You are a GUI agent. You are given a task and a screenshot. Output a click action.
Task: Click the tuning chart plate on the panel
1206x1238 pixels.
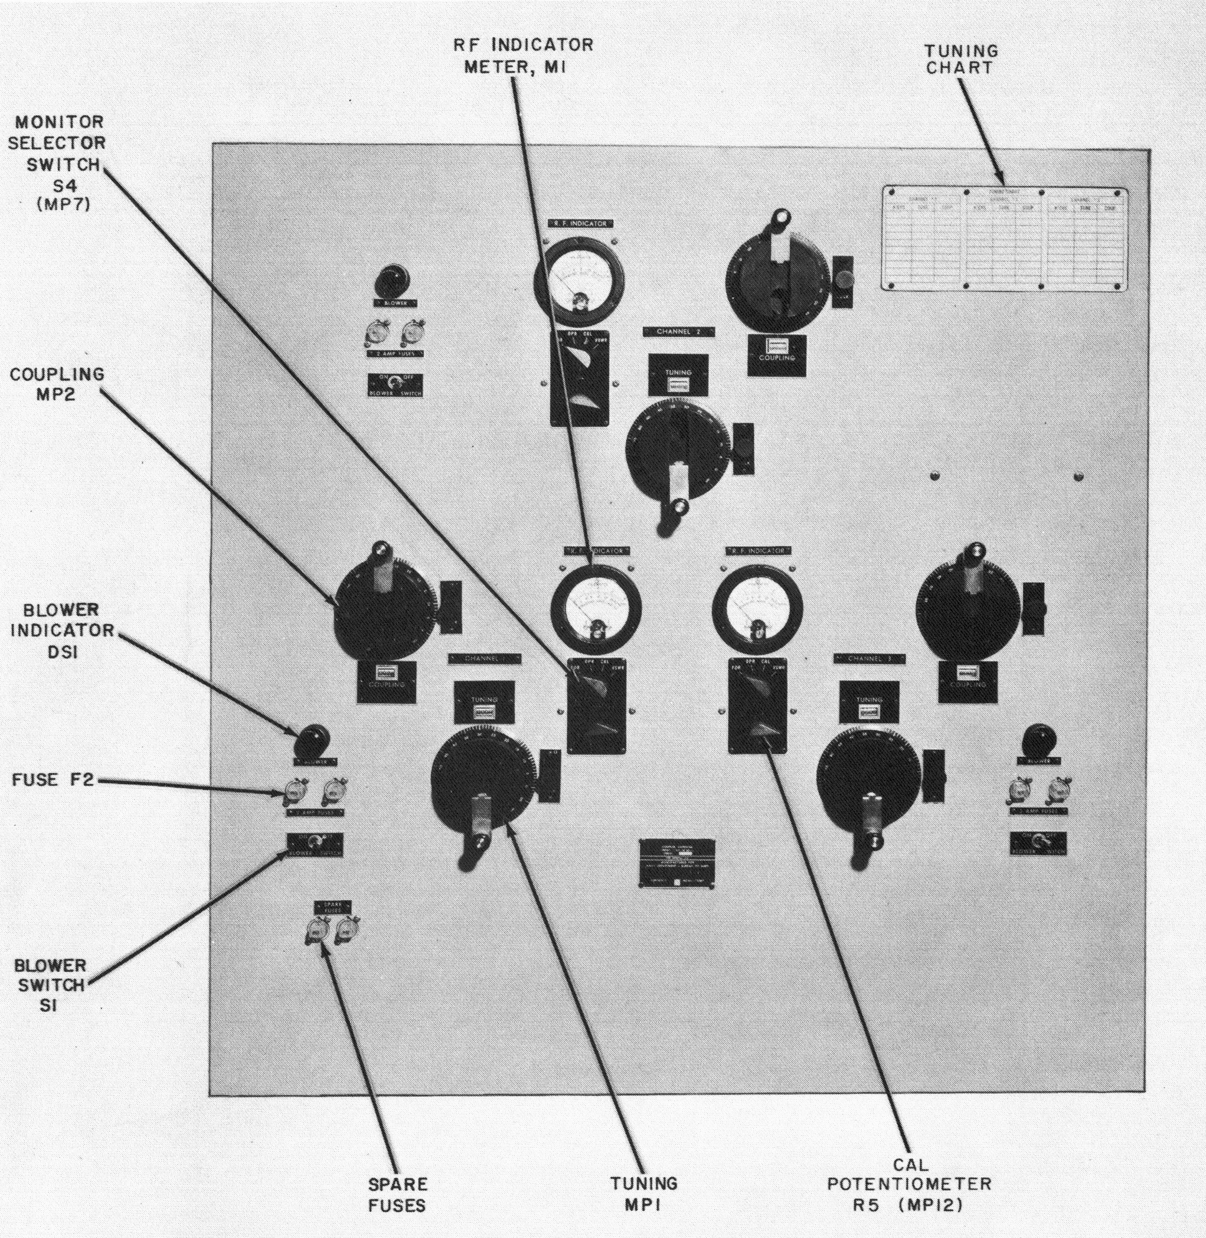[1004, 239]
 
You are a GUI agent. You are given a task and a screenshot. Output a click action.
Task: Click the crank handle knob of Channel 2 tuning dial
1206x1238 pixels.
[679, 507]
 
